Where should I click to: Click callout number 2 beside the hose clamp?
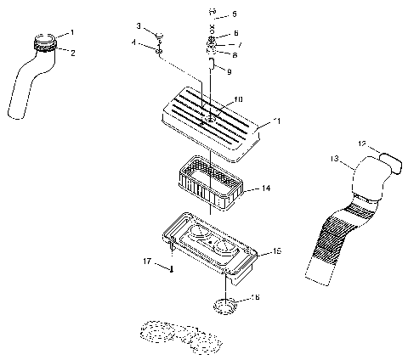[71, 52]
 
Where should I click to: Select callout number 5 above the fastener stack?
[235, 14]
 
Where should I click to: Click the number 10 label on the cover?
[239, 98]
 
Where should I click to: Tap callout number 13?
[334, 158]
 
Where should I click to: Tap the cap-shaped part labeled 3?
[157, 36]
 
